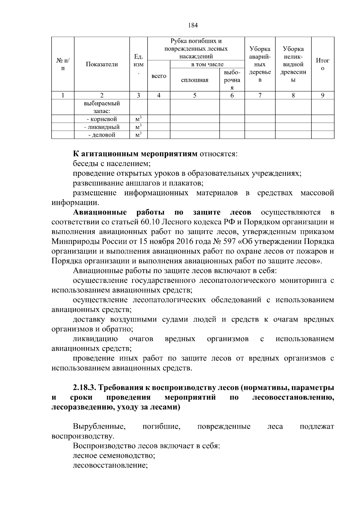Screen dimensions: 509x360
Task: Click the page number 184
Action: click(193, 25)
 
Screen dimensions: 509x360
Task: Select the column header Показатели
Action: click(102, 64)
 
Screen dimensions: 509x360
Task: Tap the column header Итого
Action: click(322, 64)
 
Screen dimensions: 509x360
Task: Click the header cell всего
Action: click(159, 76)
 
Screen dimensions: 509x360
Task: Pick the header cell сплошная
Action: click(195, 80)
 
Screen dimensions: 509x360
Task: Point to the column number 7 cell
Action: click(260, 95)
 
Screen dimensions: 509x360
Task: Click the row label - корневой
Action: click(102, 119)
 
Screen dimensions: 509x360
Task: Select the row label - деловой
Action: click(102, 135)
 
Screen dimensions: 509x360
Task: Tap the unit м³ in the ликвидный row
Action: click(138, 127)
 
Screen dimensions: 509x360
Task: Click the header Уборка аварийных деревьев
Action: click(260, 64)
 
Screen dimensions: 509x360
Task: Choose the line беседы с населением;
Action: click(112, 164)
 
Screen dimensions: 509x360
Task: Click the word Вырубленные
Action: click(99, 427)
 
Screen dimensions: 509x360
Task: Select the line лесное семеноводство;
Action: click(114, 456)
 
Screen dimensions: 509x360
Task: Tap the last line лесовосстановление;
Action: click(111, 466)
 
